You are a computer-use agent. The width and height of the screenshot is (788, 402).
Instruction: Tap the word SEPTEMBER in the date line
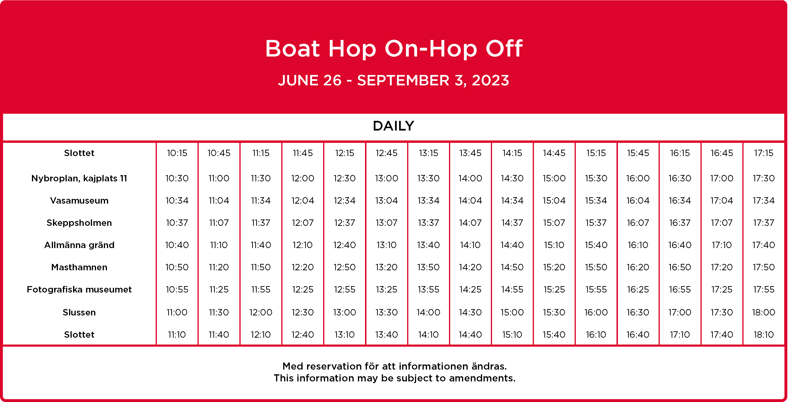[x=403, y=80]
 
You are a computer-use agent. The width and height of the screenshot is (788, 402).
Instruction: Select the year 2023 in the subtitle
[x=490, y=80]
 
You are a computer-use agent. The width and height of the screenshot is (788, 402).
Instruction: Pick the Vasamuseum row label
[x=79, y=201]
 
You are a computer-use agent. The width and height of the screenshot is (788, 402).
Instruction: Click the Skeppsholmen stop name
[x=79, y=223]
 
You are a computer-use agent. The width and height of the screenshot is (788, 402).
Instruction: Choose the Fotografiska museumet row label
[x=79, y=289]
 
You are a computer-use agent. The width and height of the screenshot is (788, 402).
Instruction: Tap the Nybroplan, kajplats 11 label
[x=79, y=178]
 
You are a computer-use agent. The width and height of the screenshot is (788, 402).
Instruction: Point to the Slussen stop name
[x=79, y=312]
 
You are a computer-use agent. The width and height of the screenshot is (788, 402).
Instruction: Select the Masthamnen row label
[x=79, y=267]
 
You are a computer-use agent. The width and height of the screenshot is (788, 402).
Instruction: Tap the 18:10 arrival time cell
[x=764, y=334]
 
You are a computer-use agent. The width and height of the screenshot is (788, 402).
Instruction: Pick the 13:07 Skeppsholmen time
[x=387, y=223]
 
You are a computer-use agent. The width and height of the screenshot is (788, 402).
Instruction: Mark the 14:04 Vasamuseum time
[x=470, y=201]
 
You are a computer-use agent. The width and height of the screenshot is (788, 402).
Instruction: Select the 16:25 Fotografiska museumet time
[x=638, y=289]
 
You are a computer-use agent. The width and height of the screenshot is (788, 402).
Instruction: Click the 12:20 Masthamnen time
[x=303, y=267]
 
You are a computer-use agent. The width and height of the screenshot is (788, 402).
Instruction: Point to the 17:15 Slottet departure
[x=764, y=153]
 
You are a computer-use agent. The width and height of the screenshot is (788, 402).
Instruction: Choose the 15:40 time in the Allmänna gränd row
[x=596, y=245]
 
